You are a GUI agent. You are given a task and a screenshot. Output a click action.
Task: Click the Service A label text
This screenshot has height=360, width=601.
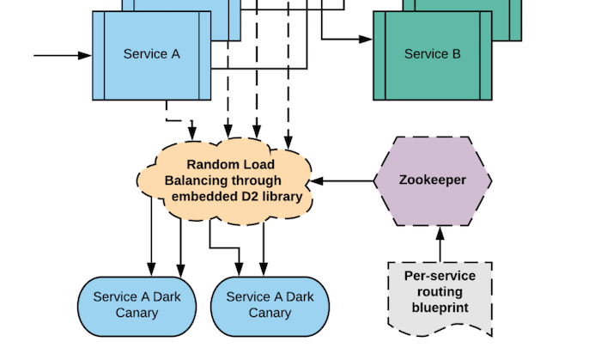tap(152, 54)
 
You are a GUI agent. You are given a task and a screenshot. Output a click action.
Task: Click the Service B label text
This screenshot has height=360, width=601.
tap(433, 54)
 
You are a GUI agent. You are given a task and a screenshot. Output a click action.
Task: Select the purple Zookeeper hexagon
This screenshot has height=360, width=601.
tap(433, 180)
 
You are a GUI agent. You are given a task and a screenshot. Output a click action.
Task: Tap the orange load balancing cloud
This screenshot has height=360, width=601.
tap(225, 180)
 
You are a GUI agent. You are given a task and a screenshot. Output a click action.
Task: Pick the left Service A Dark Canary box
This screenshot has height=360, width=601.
tap(137, 305)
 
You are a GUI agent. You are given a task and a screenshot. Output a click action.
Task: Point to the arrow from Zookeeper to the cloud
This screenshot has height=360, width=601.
tap(343, 181)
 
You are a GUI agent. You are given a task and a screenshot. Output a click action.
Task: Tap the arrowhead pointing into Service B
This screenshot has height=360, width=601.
tap(367, 40)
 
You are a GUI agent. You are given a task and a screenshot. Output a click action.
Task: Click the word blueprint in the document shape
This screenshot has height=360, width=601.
tap(440, 308)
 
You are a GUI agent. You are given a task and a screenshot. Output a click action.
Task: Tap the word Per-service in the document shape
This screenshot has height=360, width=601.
tap(440, 277)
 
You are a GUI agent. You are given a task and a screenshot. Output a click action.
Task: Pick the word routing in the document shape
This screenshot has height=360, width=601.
tap(440, 292)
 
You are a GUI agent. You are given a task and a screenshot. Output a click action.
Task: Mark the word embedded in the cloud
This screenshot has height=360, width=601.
tap(203, 197)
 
